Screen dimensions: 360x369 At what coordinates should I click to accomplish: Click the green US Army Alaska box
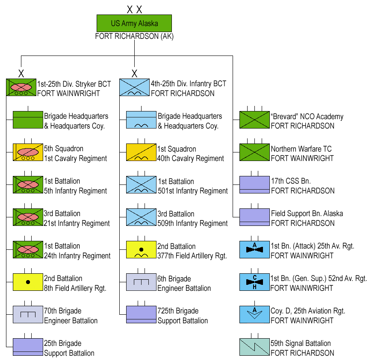[134, 23]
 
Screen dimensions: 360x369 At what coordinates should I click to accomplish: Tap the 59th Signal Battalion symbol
[254, 347]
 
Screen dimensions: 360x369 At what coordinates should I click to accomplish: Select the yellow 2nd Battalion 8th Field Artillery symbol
[28, 282]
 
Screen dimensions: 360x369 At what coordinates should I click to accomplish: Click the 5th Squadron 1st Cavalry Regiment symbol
[28, 152]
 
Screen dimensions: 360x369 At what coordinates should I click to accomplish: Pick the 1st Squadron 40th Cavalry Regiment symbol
[141, 152]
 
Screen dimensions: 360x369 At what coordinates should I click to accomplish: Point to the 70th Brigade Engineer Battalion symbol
[28, 314]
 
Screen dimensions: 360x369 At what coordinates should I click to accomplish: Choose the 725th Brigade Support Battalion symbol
[141, 314]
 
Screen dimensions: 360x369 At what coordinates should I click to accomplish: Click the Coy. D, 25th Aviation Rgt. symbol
[254, 315]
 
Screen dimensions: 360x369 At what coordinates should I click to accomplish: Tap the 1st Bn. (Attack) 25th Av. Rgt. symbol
[254, 250]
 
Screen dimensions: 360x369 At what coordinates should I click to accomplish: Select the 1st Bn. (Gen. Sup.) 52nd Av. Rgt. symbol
[254, 282]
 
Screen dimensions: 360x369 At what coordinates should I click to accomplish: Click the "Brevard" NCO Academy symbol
[254, 120]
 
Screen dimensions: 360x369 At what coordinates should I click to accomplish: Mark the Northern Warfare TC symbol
[254, 152]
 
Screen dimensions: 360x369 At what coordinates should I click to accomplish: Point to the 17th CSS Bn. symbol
[254, 185]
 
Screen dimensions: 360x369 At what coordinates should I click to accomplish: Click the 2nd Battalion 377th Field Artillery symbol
[141, 250]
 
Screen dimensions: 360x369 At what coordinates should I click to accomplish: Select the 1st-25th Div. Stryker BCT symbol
[21, 87]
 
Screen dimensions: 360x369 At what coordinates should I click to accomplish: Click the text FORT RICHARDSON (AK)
[134, 36]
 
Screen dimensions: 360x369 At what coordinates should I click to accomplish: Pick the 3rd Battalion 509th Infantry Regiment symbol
[141, 217]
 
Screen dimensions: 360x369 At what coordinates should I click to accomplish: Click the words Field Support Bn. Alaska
[307, 213]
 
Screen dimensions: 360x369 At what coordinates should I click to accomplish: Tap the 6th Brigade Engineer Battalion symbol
[141, 282]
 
